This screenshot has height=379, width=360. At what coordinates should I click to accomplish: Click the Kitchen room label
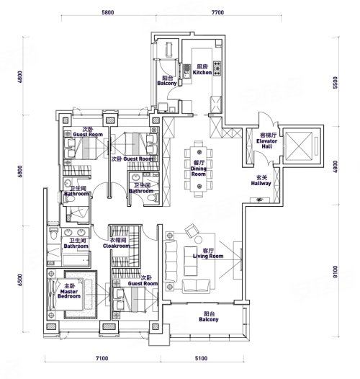point(202,70)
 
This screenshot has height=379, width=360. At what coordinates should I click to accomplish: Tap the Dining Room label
point(199,168)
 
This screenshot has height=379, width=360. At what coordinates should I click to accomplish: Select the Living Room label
point(208,254)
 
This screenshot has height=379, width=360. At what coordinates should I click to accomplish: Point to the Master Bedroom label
point(69,291)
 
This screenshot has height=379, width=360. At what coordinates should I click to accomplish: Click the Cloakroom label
point(117,243)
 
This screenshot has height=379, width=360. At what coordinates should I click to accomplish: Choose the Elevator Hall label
point(267,141)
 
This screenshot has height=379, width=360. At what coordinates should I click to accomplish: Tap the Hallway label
point(261,181)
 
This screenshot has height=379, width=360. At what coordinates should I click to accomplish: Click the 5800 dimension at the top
point(108,12)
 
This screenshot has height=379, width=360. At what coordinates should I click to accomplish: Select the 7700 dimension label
point(217,12)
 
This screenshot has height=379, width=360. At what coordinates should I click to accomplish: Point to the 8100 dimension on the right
point(335,272)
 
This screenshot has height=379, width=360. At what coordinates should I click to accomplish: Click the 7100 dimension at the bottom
point(102,358)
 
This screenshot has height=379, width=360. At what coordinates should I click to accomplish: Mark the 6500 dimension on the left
point(20,280)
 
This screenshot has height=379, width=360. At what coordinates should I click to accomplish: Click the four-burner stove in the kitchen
point(217,68)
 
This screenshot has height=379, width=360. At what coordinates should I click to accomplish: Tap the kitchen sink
point(186,71)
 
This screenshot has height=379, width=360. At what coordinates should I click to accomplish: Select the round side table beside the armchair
point(199,240)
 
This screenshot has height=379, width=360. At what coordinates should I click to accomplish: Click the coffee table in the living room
point(190,261)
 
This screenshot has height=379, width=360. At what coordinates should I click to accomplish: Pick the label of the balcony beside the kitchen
point(167,81)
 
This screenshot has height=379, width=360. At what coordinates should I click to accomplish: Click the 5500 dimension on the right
point(335,83)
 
